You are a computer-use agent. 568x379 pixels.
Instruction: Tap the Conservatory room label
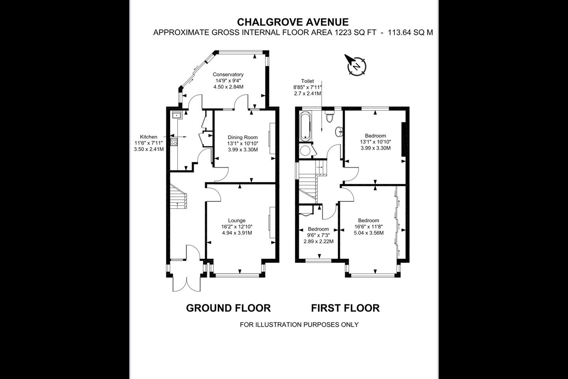pyautogui.click(x=228, y=74)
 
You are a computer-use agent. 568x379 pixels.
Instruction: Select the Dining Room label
pyautogui.click(x=243, y=137)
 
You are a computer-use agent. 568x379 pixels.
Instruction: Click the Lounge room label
pyautogui.click(x=237, y=220)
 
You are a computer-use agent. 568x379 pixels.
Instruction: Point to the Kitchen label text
pyautogui.click(x=149, y=137)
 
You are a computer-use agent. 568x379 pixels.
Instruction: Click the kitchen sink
pyautogui.click(x=176, y=115)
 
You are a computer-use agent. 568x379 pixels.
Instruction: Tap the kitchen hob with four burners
pyautogui.click(x=174, y=141)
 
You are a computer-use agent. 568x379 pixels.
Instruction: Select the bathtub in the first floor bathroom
pyautogui.click(x=305, y=126)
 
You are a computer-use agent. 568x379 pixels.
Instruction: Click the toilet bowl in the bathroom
pyautogui.click(x=329, y=116)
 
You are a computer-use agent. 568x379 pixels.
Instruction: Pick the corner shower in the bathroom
pyautogui.click(x=305, y=150)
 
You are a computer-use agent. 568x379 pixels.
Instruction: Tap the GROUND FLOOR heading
pyautogui.click(x=228, y=308)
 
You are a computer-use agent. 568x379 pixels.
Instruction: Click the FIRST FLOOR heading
pyautogui.click(x=345, y=308)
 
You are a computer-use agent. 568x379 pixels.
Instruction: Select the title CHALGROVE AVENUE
pyautogui.click(x=292, y=22)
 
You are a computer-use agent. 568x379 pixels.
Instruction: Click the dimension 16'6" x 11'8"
pyautogui.click(x=368, y=227)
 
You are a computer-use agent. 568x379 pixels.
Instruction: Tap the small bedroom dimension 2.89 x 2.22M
pyautogui.click(x=318, y=241)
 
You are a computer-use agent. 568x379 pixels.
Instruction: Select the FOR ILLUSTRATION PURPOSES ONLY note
pyautogui.click(x=299, y=325)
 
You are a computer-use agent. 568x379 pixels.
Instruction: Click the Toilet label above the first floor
pyautogui.click(x=307, y=81)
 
